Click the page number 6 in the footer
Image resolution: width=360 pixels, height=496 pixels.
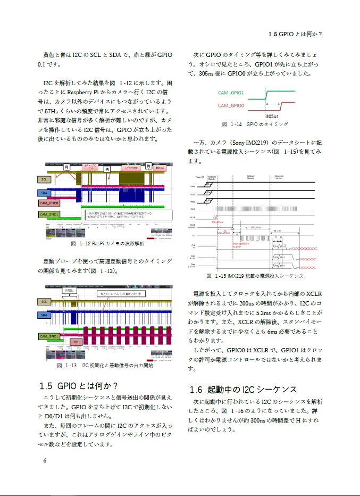(x=45, y=461)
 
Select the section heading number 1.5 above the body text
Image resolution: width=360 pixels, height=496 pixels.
(x=46, y=385)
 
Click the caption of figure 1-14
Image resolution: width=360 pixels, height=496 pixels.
(x=255, y=124)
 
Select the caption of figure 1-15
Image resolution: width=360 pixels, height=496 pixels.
(x=255, y=276)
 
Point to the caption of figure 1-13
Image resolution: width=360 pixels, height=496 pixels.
(x=105, y=366)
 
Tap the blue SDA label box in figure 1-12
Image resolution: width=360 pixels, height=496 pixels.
(x=44, y=193)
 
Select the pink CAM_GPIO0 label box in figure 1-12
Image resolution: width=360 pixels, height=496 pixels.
(x=49, y=203)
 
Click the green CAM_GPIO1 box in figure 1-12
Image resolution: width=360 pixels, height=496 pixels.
(x=49, y=214)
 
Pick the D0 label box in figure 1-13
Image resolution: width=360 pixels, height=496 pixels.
(x=76, y=342)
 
